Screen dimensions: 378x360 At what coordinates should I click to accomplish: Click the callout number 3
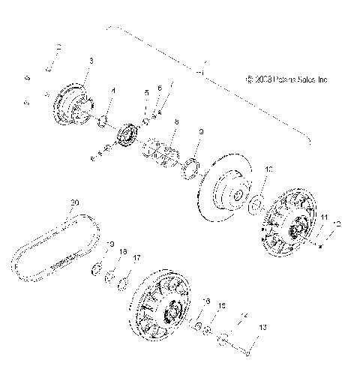click(91, 59)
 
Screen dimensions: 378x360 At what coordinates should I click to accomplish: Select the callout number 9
click(200, 132)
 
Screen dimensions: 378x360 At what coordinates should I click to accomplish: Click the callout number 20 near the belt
click(74, 203)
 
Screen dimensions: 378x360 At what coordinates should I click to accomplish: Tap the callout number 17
click(136, 257)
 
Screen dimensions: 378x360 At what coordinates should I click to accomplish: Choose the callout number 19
click(110, 244)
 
